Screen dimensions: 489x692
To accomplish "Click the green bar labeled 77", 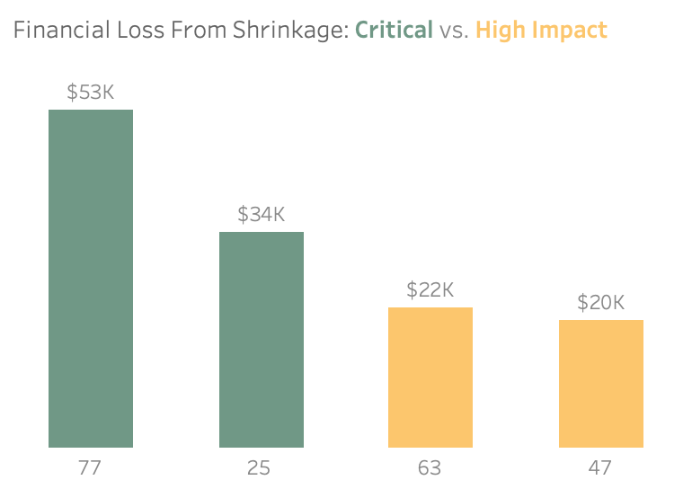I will pyautogui.click(x=90, y=279).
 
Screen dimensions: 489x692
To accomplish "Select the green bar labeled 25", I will pyautogui.click(x=261, y=340).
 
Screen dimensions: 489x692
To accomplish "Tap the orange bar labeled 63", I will pyautogui.click(x=430, y=378).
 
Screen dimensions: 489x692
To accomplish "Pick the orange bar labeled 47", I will pyautogui.click(x=600, y=384).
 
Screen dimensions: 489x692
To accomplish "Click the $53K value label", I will pyautogui.click(x=90, y=92).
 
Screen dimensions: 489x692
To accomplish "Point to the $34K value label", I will pyautogui.click(x=261, y=214).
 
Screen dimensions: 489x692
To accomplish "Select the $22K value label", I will pyautogui.click(x=430, y=289).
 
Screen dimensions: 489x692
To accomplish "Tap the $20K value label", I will pyautogui.click(x=600, y=302).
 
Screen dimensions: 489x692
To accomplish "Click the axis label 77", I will pyautogui.click(x=90, y=467).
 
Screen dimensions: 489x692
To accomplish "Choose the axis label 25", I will pyautogui.click(x=261, y=467).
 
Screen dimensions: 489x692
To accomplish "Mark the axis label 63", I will pyautogui.click(x=430, y=467).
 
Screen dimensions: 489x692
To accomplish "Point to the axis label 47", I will pyautogui.click(x=600, y=467).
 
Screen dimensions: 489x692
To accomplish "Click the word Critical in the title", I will pyautogui.click(x=394, y=31).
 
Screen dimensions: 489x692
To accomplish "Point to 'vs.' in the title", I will pyautogui.click(x=454, y=31).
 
